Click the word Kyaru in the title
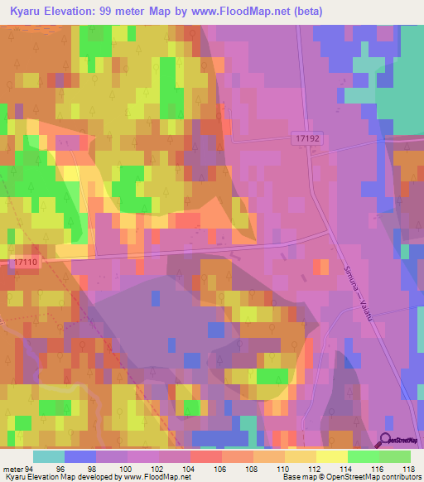point(31,11)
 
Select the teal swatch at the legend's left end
point(49,456)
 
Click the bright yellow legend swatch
point(332,456)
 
